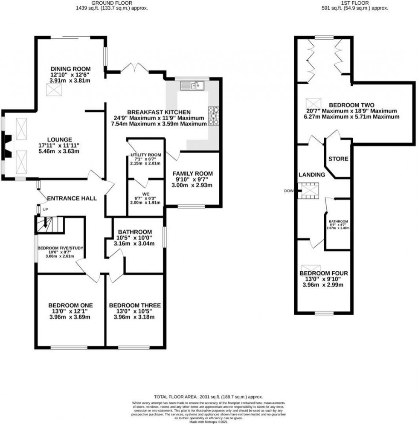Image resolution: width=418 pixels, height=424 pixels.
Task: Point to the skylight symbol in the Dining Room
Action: [53, 89]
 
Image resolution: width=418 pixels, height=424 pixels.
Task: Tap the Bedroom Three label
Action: [135, 305]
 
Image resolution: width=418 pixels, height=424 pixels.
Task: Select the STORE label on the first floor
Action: [338, 159]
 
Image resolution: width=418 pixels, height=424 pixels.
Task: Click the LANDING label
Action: [312, 174]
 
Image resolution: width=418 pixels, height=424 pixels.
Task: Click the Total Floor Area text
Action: [209, 396]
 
